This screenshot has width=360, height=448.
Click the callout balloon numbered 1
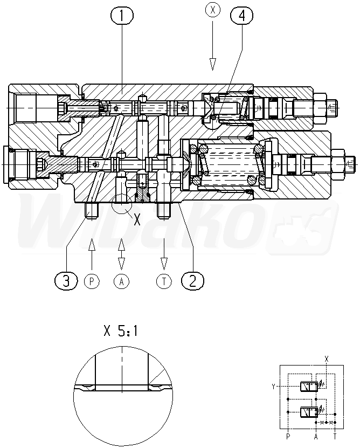[x=122, y=17]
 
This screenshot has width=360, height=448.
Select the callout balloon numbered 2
[x=192, y=280]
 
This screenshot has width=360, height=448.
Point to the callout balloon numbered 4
[x=241, y=17]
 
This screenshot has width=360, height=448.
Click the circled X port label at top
[x=212, y=9]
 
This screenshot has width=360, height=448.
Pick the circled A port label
[x=121, y=281]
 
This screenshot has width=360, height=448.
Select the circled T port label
[x=163, y=281]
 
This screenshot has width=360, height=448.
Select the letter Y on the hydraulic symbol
[x=274, y=386]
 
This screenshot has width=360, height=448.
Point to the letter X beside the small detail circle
[x=137, y=219]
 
